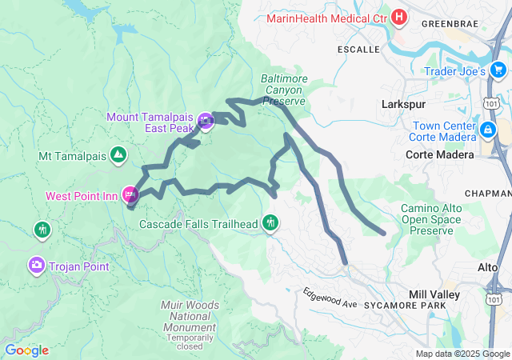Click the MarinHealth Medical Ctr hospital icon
click(398, 17)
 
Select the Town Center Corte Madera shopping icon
click(487, 130)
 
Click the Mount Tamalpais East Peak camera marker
click(206, 122)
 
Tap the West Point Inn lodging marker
click(130, 194)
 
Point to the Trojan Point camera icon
click(36, 264)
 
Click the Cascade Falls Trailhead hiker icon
click(271, 223)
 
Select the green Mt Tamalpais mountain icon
click(118, 154)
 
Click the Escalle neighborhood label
click(359, 49)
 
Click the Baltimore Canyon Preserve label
click(283, 90)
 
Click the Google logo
click(26, 350)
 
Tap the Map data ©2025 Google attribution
click(462, 354)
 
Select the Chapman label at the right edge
click(488, 193)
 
